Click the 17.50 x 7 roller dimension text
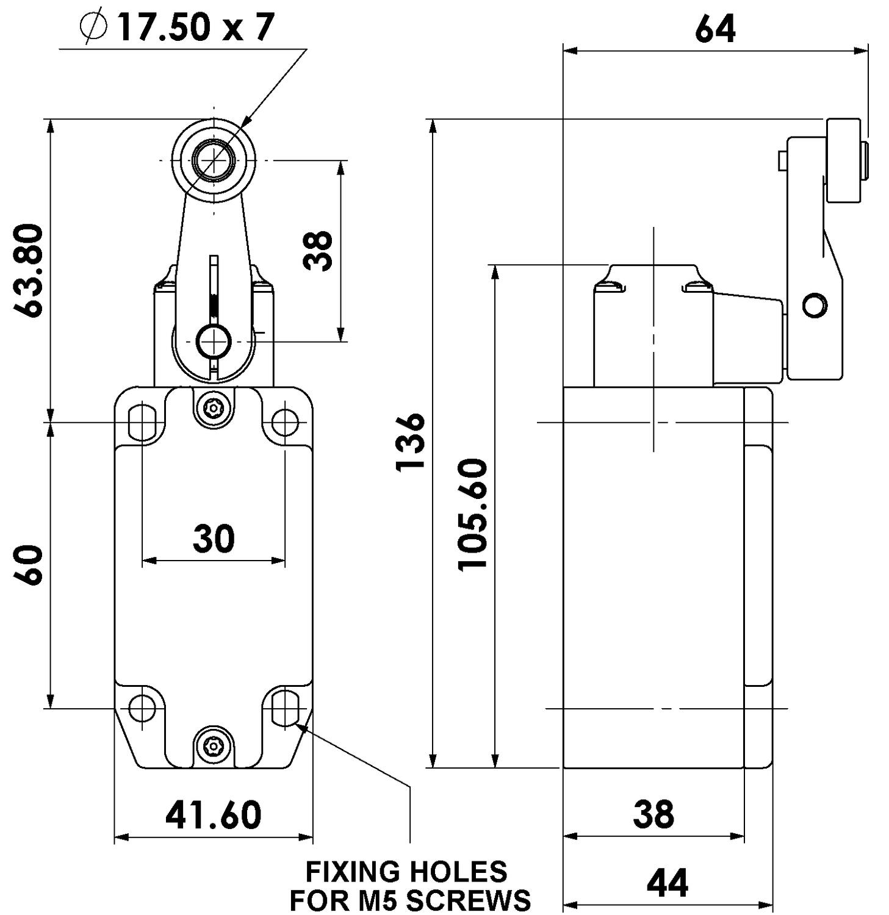(195, 27)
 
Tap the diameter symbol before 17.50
(93, 27)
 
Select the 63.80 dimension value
(30, 270)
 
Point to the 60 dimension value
(29, 565)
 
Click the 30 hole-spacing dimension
(214, 539)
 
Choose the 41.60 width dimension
(214, 815)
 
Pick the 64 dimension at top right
(715, 29)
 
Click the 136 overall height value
(411, 442)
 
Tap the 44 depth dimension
(668, 883)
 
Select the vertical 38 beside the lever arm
(319, 251)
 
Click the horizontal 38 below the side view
(653, 814)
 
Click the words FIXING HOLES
(406, 872)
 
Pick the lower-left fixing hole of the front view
(143, 708)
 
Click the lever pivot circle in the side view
(815, 304)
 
